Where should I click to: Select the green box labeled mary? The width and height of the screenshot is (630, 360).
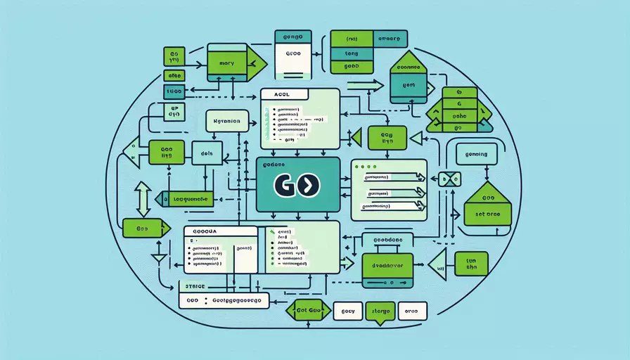(227, 62)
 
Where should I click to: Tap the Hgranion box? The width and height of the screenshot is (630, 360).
(227, 122)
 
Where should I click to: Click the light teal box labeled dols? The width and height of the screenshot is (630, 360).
(207, 153)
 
